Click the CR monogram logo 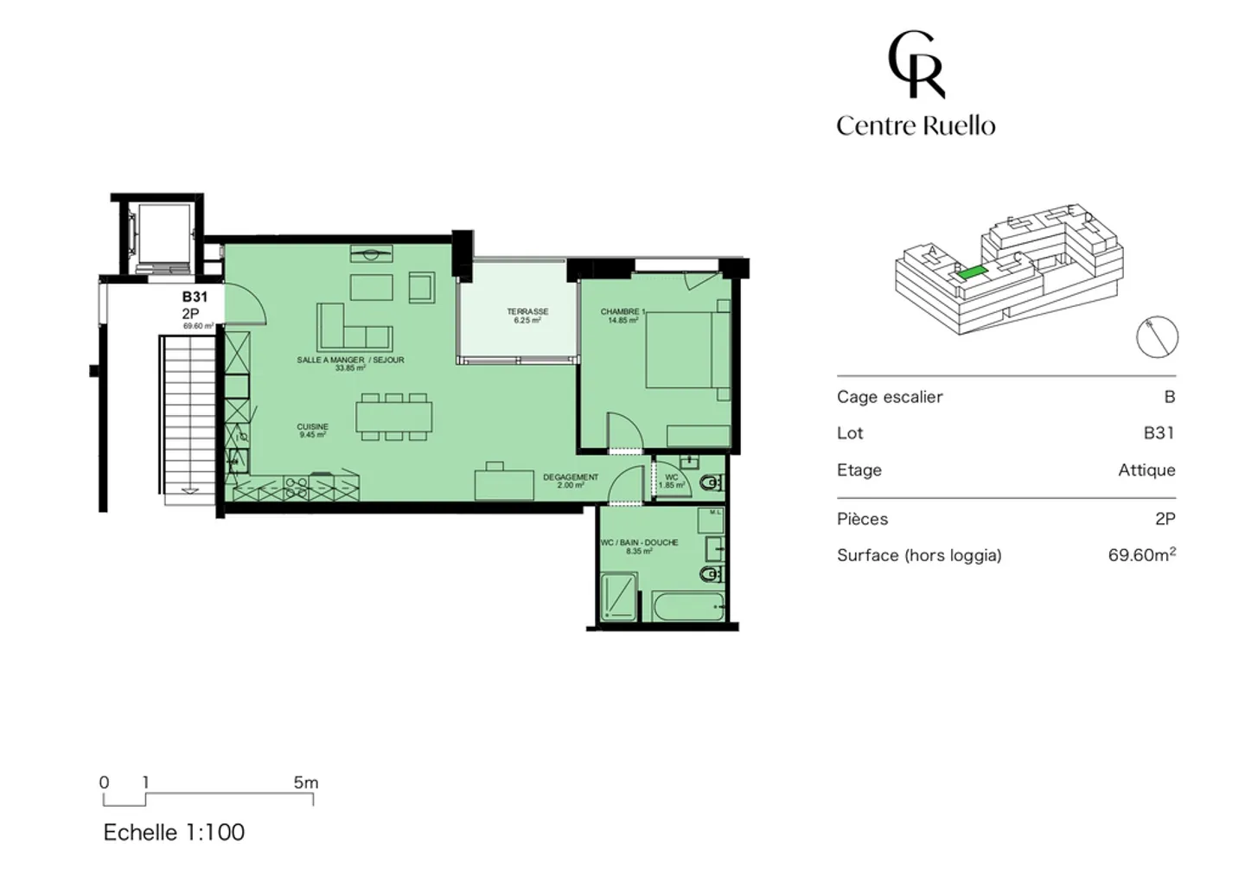click(x=916, y=65)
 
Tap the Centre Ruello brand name click(x=916, y=126)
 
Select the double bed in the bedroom click(x=687, y=349)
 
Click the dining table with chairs click(x=393, y=418)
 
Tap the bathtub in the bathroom click(x=688, y=606)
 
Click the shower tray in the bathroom click(x=619, y=597)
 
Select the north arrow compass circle click(x=1157, y=336)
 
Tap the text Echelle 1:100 click(x=174, y=832)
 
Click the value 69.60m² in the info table click(x=1141, y=555)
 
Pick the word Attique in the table click(x=1146, y=470)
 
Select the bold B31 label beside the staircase click(x=195, y=297)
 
